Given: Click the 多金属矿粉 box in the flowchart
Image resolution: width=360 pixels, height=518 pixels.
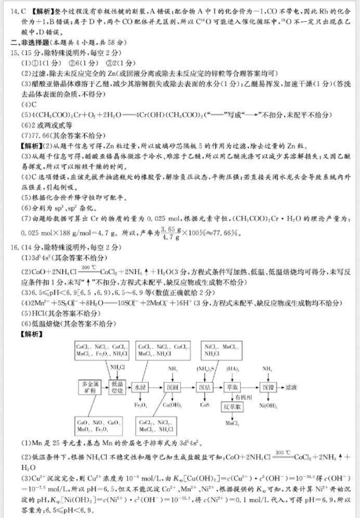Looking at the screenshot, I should point(87,387).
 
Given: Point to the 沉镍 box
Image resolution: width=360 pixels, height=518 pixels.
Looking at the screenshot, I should point(267,387).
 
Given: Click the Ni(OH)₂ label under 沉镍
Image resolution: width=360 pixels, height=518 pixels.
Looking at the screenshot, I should point(267,405).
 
